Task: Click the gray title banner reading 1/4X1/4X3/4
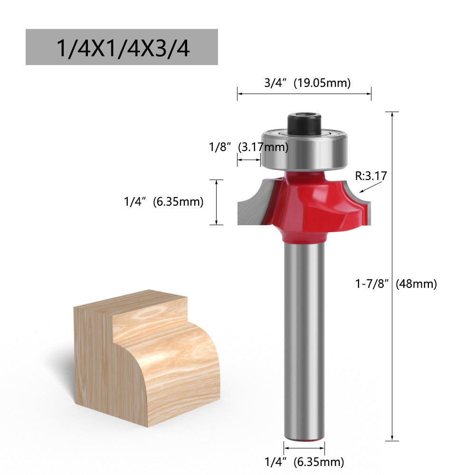[122, 47]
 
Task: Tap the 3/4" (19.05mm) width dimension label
[307, 83]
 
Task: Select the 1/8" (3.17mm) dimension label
[249, 147]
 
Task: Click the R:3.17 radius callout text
[371, 176]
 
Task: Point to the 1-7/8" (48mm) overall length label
[396, 284]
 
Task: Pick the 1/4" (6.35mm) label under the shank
[304, 461]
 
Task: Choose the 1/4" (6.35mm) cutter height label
[163, 202]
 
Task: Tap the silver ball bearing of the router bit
[304, 150]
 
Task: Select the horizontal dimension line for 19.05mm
[304, 94]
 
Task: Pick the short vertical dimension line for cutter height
[217, 202]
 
